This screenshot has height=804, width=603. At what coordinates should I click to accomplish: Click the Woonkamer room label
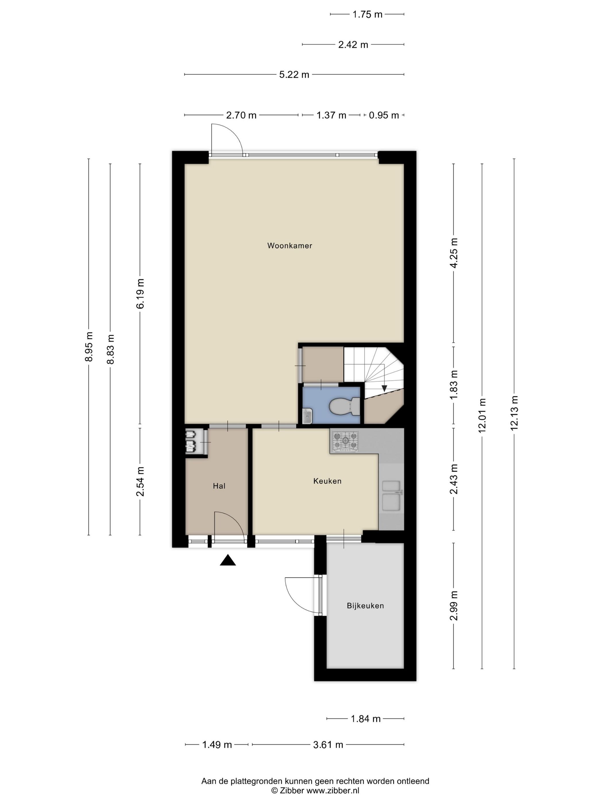[289, 246]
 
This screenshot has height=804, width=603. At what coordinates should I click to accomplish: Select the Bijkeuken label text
[365, 606]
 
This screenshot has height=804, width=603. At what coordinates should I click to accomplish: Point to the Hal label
[219, 486]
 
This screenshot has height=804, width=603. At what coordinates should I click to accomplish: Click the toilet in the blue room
[344, 406]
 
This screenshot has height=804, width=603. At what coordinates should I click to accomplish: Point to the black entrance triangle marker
[227, 560]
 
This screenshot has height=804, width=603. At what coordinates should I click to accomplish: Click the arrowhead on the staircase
[384, 388]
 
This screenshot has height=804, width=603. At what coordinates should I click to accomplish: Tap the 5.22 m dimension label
[294, 74]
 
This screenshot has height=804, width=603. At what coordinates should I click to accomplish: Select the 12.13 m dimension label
[514, 413]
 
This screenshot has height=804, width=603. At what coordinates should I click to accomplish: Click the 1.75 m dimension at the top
[367, 15]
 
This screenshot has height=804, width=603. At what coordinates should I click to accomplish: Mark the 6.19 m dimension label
[140, 294]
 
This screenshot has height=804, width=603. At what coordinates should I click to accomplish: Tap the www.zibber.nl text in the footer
[333, 790]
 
